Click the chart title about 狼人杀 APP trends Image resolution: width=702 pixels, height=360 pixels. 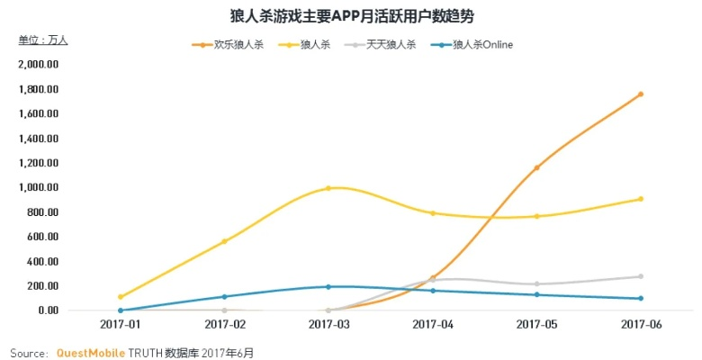[x=351, y=15]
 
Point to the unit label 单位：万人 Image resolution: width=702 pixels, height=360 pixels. [x=43, y=40]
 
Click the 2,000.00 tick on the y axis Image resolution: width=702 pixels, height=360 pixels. [x=39, y=65]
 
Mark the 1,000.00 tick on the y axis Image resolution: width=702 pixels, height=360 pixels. [x=39, y=187]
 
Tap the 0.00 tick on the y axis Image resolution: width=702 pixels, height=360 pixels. [x=45, y=310]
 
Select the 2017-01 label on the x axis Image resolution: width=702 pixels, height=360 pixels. [x=120, y=324]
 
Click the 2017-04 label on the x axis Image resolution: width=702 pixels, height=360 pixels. [x=433, y=324]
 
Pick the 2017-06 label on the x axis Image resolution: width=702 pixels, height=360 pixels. [x=641, y=324]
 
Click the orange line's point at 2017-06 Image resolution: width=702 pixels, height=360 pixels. [x=641, y=94]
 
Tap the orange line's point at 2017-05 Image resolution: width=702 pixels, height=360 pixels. [x=536, y=167]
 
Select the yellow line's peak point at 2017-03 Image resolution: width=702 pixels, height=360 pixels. [x=328, y=188]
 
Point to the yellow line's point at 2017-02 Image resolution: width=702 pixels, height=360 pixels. [x=224, y=241]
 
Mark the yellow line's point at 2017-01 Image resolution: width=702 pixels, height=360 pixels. [x=120, y=296]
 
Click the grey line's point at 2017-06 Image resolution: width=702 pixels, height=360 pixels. [x=641, y=276]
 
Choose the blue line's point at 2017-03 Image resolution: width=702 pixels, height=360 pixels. [x=328, y=286]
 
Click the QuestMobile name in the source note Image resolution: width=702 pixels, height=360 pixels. [x=91, y=353]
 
